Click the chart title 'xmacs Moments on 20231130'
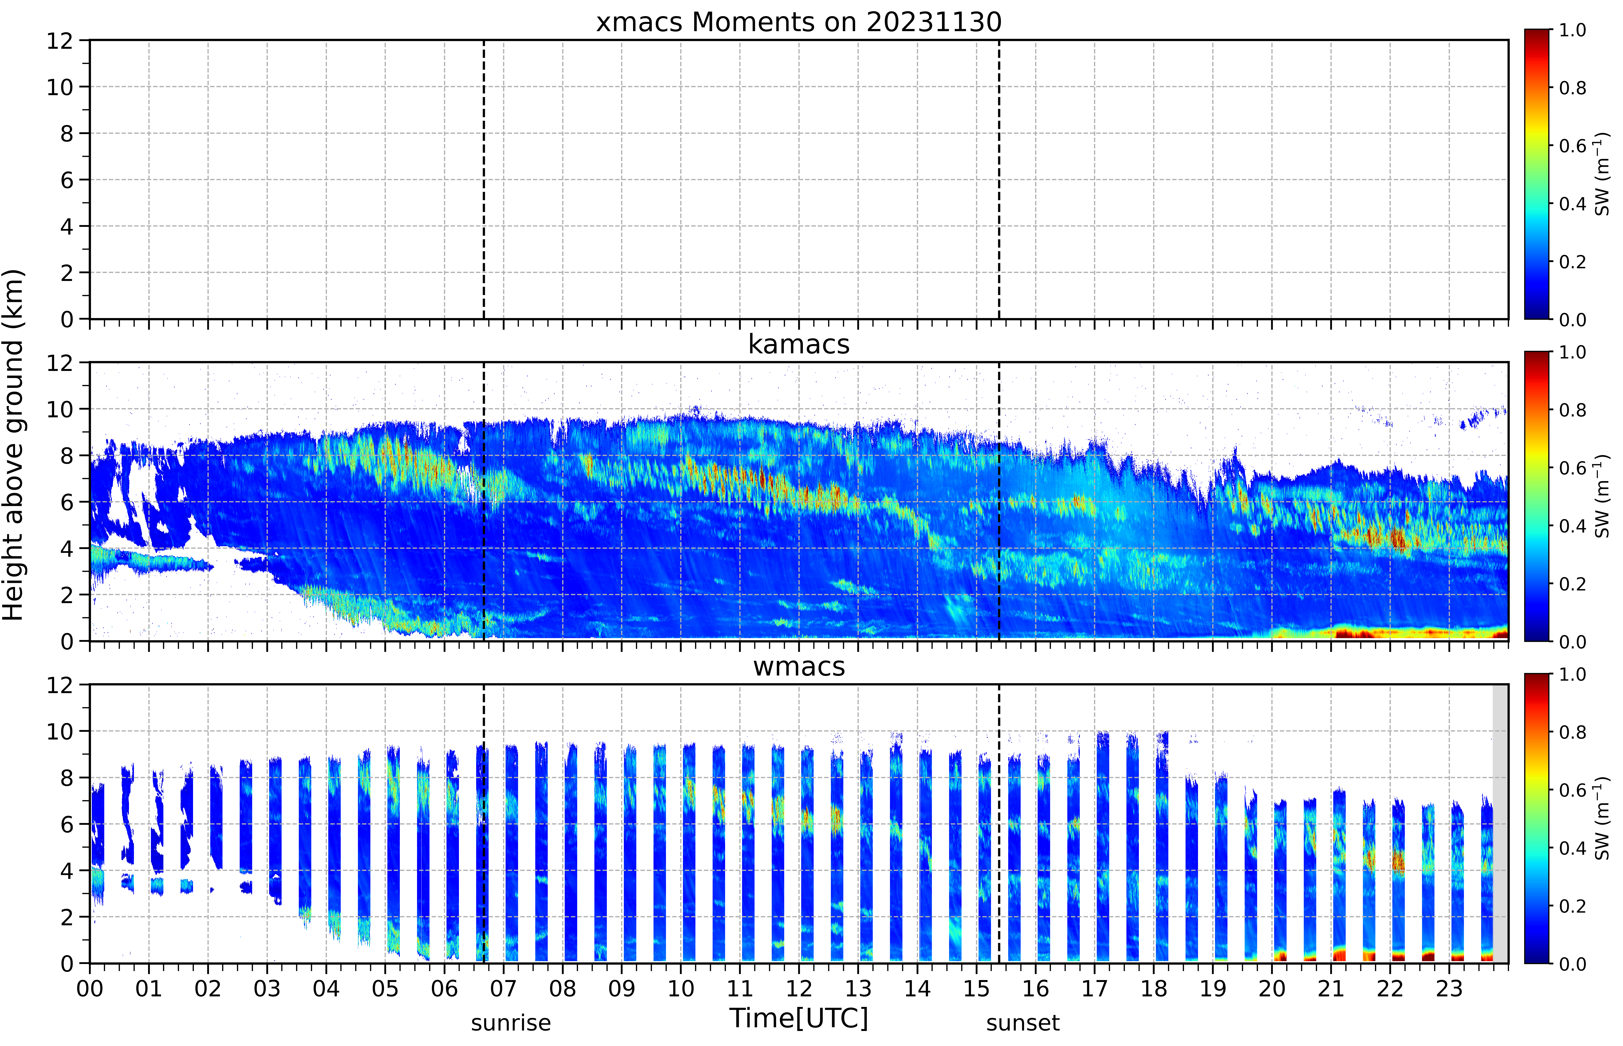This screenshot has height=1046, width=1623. [799, 22]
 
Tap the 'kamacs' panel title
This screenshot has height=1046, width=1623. [799, 344]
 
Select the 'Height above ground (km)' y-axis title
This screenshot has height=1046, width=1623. [14, 445]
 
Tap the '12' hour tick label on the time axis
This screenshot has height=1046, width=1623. [799, 988]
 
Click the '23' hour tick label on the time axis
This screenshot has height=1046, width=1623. [1449, 988]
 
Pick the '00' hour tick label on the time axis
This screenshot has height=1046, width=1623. [90, 988]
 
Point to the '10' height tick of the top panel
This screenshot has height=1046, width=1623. [60, 87]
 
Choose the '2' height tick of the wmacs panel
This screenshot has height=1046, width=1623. [67, 917]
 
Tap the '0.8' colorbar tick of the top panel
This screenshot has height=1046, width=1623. [1572, 88]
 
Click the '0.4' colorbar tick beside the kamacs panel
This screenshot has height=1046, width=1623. [1572, 526]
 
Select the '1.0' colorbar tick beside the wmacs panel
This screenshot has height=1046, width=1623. [1572, 674]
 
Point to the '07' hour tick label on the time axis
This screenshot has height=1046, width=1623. [504, 988]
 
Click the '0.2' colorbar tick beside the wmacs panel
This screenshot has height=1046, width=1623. [1572, 906]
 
